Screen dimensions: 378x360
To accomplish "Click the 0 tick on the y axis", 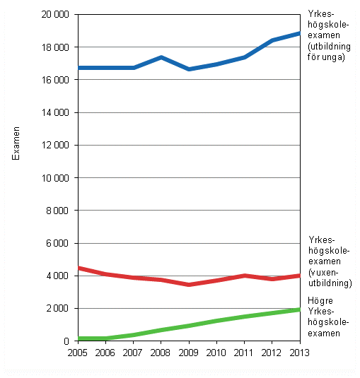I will tap(67, 341).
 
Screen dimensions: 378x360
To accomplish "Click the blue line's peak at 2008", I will tap(161, 57).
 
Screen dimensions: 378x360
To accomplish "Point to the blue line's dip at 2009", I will tap(189, 69).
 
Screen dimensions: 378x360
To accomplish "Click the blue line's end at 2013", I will tap(299, 33).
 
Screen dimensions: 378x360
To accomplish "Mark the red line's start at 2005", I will tap(78, 268).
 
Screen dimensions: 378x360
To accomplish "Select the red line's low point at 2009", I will tap(189, 285).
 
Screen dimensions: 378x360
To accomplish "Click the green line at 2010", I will tap(216, 321).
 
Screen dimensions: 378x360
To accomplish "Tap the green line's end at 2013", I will tap(299, 309).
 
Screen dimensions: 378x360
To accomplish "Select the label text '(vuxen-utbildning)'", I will tap(330, 278).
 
